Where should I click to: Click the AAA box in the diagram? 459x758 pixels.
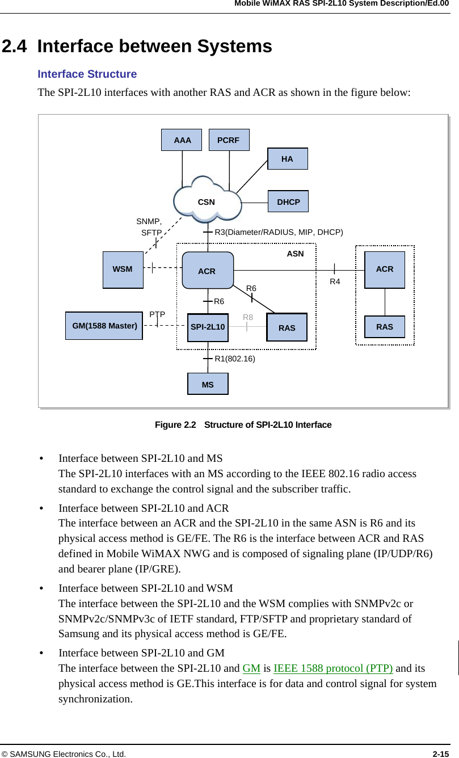click(182, 140)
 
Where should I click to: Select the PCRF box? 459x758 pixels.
click(229, 140)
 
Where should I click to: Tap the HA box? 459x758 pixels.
click(288, 159)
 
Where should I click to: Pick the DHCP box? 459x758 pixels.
click(288, 201)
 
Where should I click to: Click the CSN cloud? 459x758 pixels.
click(207, 201)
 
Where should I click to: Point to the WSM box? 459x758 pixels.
click(123, 269)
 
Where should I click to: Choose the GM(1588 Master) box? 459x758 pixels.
click(104, 326)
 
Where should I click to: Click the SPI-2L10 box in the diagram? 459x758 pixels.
click(208, 327)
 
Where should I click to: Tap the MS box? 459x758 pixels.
click(208, 384)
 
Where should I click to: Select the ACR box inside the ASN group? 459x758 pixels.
click(207, 271)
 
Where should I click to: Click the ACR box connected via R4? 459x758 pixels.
click(385, 269)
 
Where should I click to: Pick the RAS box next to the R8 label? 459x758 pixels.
click(287, 327)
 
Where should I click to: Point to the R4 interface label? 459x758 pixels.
click(335, 281)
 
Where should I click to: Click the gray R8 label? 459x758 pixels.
click(248, 318)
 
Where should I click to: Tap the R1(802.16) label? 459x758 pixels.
click(235, 359)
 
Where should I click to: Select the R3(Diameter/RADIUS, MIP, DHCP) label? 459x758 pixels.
click(279, 232)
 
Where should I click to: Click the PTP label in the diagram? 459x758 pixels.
click(157, 314)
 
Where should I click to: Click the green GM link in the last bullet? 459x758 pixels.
click(251, 668)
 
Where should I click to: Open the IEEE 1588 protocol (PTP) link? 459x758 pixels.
click(333, 668)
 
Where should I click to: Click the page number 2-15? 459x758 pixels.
click(441, 753)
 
